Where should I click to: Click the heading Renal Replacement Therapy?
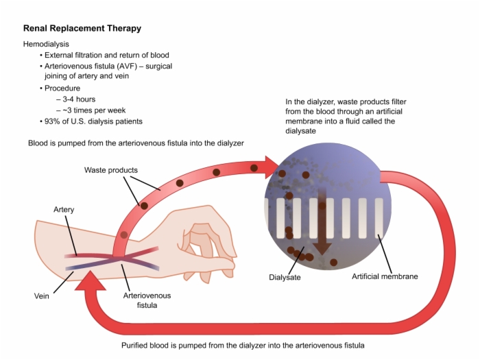click(82, 28)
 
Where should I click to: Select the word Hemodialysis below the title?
click(46, 44)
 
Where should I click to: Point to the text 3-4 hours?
click(79, 99)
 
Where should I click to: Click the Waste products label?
click(111, 170)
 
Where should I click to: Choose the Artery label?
click(64, 210)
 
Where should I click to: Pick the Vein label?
click(42, 296)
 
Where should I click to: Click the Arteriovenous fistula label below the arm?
click(147, 300)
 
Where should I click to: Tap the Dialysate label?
click(285, 277)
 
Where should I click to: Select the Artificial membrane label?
click(385, 276)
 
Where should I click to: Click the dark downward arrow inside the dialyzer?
click(322, 221)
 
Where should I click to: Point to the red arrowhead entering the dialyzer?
click(272, 167)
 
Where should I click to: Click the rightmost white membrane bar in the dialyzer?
click(379, 218)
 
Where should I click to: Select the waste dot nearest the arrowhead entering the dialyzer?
click(254, 168)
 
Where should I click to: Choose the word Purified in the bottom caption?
click(134, 346)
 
